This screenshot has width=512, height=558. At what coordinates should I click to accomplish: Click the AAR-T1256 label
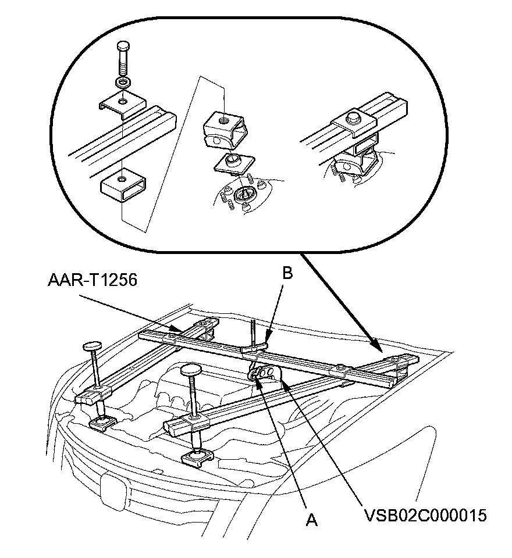pos(93,280)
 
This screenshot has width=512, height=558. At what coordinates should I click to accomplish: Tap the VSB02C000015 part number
pos(425,515)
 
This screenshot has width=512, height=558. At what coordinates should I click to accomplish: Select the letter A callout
pos(312,520)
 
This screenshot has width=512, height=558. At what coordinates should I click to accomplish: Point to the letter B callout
pos(287,273)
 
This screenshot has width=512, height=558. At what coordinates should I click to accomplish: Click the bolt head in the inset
pos(123,46)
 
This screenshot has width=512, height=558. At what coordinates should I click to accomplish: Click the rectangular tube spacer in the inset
pos(123,185)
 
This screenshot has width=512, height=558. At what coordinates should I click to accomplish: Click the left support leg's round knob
pos(92,346)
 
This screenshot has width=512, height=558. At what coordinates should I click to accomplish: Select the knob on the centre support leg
pos(191,370)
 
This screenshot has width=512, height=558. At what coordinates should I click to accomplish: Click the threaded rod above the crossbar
pos(253,333)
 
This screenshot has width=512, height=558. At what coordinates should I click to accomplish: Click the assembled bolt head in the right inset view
pos(353,118)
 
